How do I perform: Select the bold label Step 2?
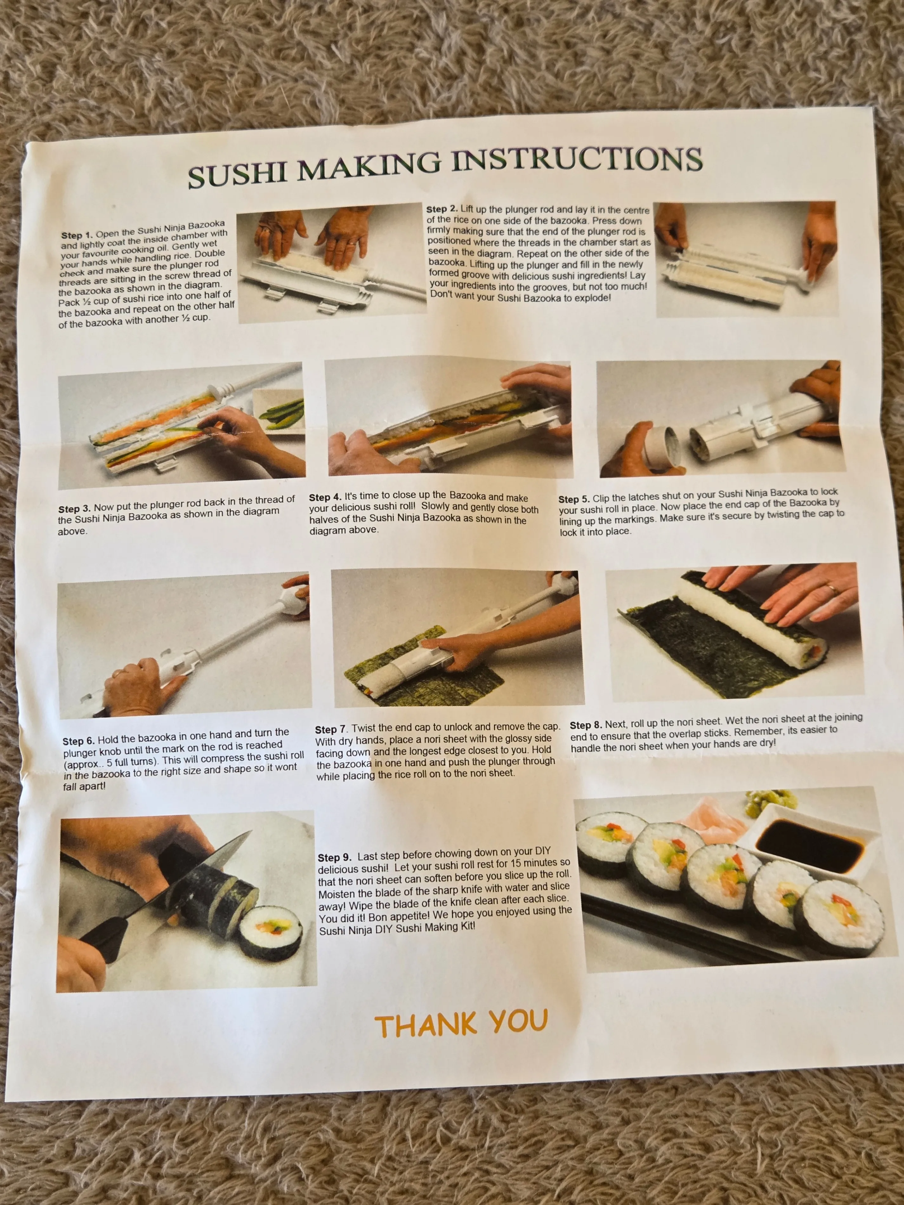click(x=442, y=209)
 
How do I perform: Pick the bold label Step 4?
click(x=325, y=497)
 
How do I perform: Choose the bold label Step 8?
click(x=586, y=725)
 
